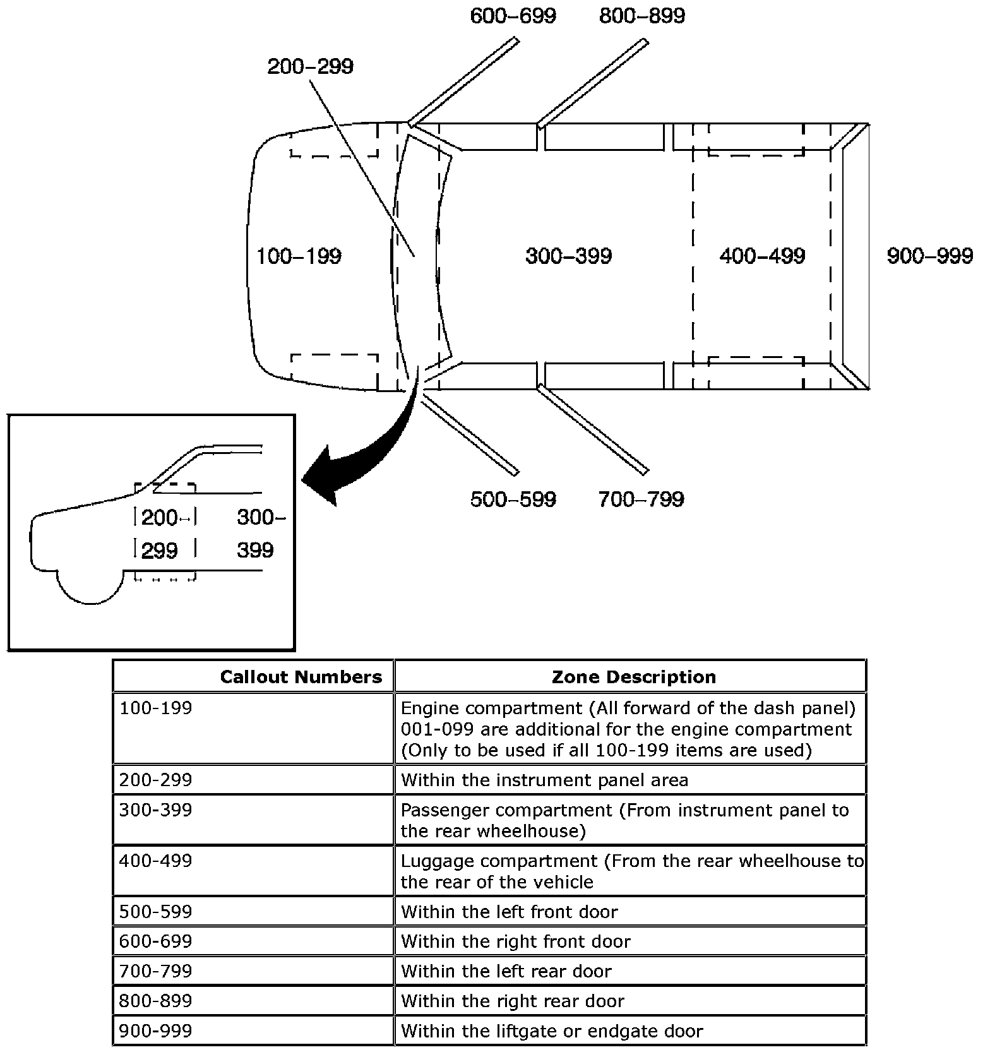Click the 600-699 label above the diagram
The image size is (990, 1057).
(513, 16)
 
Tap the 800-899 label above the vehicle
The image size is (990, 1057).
(641, 16)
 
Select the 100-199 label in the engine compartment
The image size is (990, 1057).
(299, 256)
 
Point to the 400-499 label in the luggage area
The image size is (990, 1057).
(762, 256)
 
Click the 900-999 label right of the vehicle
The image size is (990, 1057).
(929, 256)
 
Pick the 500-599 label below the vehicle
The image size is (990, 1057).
(513, 499)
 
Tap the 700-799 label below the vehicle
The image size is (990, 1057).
(641, 499)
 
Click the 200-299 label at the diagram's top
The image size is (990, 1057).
(310, 66)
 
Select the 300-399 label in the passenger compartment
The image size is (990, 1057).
(568, 256)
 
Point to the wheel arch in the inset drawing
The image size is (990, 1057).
(90, 587)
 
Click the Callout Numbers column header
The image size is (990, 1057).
(301, 677)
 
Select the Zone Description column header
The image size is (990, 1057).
(633, 677)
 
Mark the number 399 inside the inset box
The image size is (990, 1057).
(255, 550)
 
